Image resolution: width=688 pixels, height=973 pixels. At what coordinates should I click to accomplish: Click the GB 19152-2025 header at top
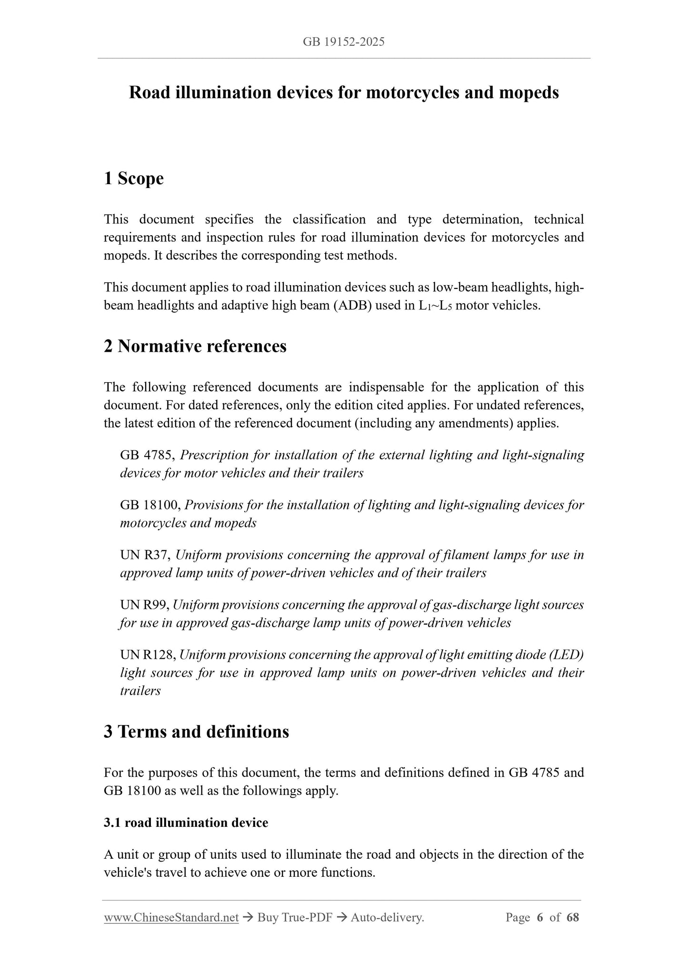point(343,42)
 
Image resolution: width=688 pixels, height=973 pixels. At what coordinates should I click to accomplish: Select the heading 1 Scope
point(134,179)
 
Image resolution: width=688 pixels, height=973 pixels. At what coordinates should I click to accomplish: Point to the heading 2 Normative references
point(195,346)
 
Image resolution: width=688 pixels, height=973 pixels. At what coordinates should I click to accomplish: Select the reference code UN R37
point(146,555)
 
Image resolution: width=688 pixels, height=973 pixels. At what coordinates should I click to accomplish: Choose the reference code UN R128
point(148,655)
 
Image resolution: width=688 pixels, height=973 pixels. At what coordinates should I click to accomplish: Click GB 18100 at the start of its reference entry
point(150,505)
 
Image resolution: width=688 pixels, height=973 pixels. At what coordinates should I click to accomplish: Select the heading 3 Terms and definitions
point(196,732)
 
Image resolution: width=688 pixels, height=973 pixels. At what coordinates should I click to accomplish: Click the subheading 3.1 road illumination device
point(186,823)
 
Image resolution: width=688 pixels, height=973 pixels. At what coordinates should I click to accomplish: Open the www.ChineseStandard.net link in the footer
point(171,918)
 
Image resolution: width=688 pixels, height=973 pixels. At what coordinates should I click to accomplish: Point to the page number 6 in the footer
point(540,918)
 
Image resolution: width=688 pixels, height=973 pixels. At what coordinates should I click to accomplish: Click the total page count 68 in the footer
point(573,918)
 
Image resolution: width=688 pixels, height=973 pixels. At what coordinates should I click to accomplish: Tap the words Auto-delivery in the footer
point(387,918)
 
